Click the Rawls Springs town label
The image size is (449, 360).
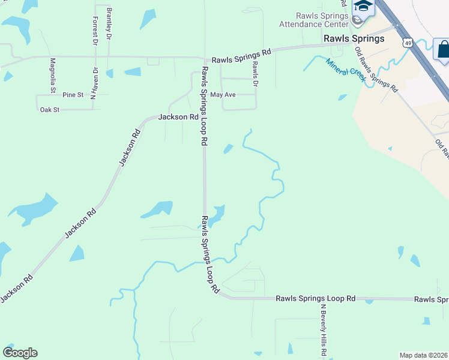354,39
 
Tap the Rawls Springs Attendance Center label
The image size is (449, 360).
313,20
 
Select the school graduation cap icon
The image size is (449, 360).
363,7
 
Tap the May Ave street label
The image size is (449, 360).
223,95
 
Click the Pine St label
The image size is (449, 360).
73,95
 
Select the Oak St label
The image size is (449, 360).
50,110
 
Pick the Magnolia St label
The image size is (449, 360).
53,73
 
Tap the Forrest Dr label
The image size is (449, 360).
95,31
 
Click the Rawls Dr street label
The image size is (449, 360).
255,74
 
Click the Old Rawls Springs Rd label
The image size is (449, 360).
376,69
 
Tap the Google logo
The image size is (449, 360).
20,353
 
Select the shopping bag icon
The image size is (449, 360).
443,49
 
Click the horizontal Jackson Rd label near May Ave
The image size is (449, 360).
178,118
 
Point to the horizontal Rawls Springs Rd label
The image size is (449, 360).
241,56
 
